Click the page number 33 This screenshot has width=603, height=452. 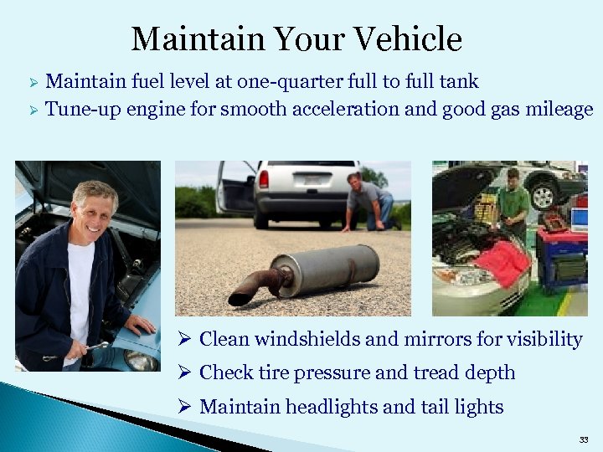click(583, 439)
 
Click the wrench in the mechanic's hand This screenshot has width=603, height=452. click(98, 344)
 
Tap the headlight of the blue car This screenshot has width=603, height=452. click(141, 360)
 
